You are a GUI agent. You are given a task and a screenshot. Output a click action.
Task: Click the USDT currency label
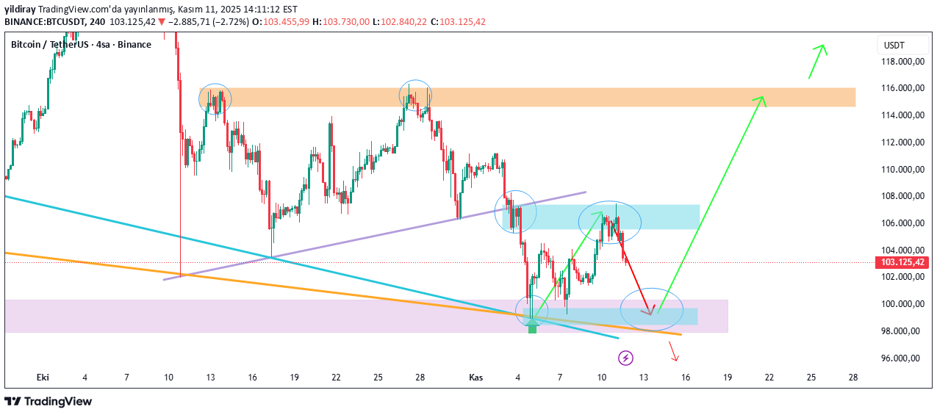click(894, 45)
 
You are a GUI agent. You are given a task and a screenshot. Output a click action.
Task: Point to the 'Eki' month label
click(43, 377)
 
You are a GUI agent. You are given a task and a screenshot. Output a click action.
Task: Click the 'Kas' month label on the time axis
click(475, 377)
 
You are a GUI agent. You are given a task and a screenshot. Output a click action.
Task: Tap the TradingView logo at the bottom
click(49, 401)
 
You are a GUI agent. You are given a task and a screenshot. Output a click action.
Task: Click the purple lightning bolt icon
click(625, 358)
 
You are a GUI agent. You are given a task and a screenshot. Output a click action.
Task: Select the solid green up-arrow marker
click(533, 325)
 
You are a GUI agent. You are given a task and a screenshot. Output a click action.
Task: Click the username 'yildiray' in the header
click(21, 10)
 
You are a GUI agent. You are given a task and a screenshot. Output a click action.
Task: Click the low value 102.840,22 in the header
click(403, 21)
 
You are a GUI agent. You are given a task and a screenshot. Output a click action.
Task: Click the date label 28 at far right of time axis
click(853, 377)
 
